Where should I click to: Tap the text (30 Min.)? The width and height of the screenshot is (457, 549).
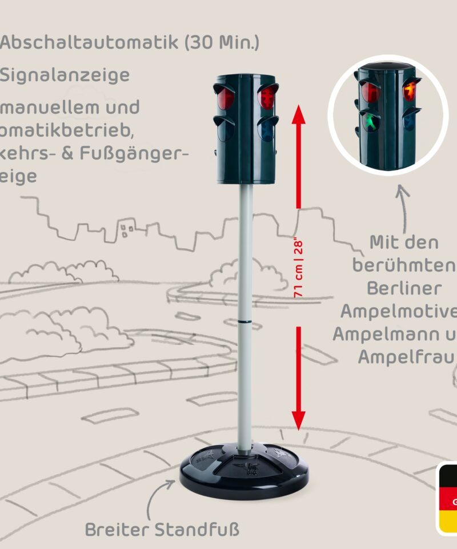click(x=222, y=43)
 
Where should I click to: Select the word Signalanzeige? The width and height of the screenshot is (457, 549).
click(x=65, y=75)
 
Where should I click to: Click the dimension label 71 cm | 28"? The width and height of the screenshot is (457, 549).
click(x=298, y=268)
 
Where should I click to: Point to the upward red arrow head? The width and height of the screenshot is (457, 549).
click(x=298, y=114)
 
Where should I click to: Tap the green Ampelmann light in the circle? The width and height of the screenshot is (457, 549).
click(x=371, y=122)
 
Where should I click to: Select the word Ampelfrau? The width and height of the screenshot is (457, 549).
click(x=406, y=356)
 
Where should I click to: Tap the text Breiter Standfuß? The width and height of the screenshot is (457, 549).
click(x=162, y=530)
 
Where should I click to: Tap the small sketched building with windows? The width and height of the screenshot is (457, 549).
click(x=127, y=230)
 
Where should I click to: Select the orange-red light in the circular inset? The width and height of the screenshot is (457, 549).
click(x=409, y=91)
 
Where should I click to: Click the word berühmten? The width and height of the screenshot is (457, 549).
click(x=403, y=265)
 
